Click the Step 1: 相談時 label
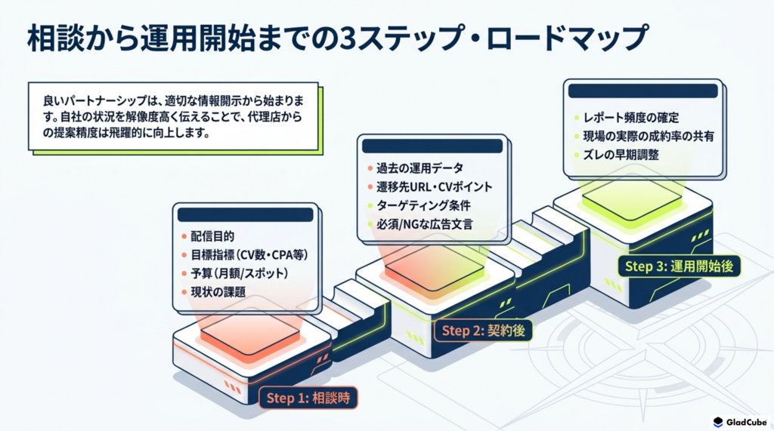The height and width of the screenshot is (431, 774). pos(308,398)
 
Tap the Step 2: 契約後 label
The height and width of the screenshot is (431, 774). pos(483,331)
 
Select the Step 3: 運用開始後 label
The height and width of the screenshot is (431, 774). pos(679,266)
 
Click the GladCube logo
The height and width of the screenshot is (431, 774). pos(740,422)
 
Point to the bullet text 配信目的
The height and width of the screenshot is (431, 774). pos(212,237)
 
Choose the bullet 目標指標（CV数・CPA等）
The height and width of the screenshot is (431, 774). pos(249,255)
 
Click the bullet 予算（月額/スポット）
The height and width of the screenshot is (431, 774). pos(240,273)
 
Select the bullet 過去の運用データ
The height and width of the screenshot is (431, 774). pos(420,168)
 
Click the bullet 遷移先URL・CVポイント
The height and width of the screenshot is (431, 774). pos(435,187)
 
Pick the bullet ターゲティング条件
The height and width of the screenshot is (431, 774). pos(423,205)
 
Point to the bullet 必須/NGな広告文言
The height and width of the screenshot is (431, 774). pos(424,224)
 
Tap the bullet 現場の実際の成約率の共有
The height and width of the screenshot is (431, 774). pos(648,136)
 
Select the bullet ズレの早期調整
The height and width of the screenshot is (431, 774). pos(621,155)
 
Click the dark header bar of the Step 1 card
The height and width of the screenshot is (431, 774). pos(246,214)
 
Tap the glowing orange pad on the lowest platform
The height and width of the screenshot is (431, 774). pos(250,334)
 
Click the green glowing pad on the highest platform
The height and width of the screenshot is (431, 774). pos(632,201)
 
